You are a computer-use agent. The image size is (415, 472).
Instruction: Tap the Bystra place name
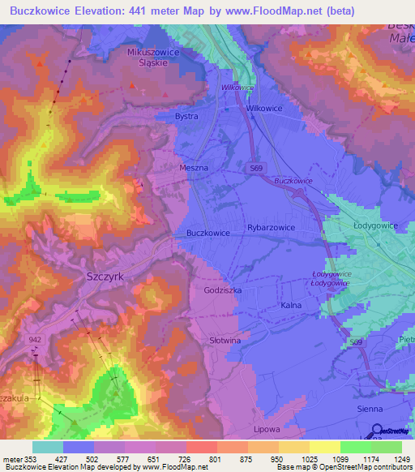[x=187, y=117]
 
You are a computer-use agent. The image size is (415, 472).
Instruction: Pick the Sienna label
[x=370, y=410]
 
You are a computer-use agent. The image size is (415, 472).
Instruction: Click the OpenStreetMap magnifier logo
[x=378, y=431]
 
